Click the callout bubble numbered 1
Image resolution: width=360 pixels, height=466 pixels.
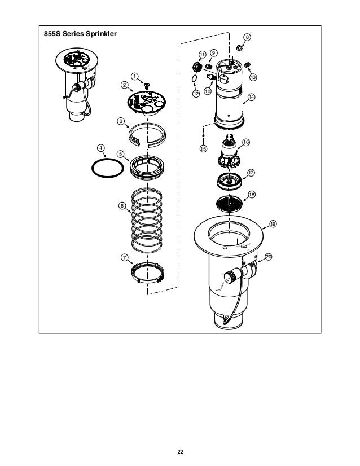pyautogui.click(x=135, y=76)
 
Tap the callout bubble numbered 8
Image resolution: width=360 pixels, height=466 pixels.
pyautogui.click(x=247, y=37)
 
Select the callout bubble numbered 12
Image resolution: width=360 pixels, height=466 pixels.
pyautogui.click(x=196, y=93)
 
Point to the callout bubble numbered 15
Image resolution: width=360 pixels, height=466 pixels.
pyautogui.click(x=203, y=148)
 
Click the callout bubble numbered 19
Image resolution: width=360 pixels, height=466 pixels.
pyautogui.click(x=273, y=224)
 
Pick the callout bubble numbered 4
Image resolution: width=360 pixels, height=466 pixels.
pyautogui.click(x=101, y=148)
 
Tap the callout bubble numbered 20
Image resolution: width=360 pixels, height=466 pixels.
pyautogui.click(x=269, y=257)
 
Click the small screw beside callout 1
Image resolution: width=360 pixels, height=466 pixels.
pyautogui.click(x=146, y=86)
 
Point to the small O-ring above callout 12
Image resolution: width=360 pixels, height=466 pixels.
pyautogui.click(x=194, y=78)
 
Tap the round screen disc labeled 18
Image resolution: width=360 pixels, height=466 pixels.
pyautogui.click(x=229, y=204)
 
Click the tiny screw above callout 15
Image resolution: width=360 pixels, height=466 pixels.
pyautogui.click(x=203, y=135)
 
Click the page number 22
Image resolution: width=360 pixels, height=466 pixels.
pyautogui.click(x=181, y=452)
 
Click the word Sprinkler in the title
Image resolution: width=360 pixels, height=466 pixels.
pyautogui.click(x=102, y=34)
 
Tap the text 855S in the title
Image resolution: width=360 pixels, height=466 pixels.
pyautogui.click(x=52, y=34)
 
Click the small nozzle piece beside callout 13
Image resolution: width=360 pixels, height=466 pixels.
pyautogui.click(x=248, y=65)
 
